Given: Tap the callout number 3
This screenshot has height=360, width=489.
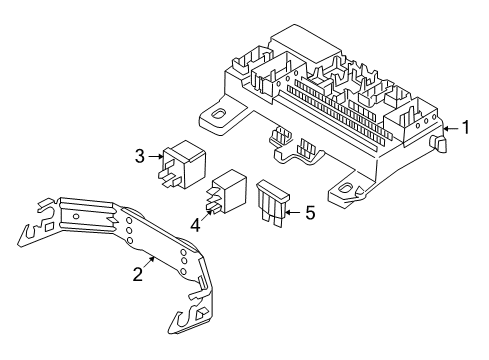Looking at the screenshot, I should click(141, 155).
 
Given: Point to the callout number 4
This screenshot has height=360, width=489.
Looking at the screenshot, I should click(197, 226).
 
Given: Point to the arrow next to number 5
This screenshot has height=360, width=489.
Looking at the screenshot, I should click(294, 211).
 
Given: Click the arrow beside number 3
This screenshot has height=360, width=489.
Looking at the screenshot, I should click(155, 155).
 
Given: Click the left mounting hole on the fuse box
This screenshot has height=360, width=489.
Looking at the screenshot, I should click(216, 120).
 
